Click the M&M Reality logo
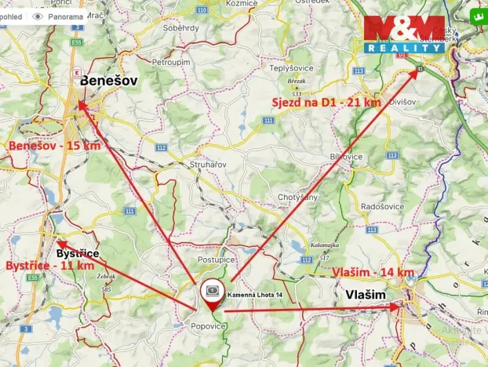(x=404, y=34)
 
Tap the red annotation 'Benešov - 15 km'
(x=54, y=146)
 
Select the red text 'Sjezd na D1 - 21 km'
(x=326, y=102)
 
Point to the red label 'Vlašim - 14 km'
(x=373, y=271)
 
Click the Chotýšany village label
(x=297, y=197)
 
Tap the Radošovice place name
(x=381, y=205)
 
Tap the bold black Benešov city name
(x=107, y=80)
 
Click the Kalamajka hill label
(x=324, y=244)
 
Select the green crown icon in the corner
(x=476, y=15)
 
